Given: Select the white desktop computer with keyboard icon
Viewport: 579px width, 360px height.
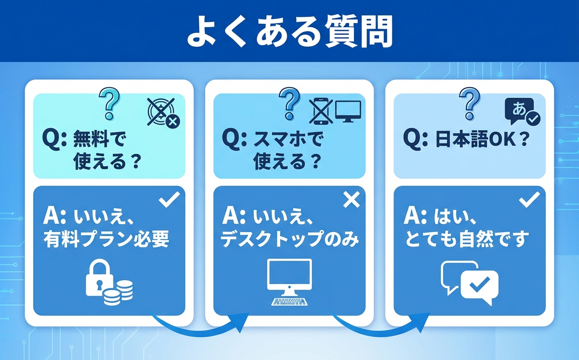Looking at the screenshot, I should pos(289,282).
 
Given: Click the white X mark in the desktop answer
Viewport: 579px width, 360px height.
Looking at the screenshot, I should pos(351,200).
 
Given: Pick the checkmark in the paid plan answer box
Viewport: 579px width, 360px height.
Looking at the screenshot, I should pos(169,199).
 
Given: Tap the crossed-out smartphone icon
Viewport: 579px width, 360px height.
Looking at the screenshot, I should pos(320,112).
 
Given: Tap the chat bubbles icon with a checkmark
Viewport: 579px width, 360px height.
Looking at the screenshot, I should pos(470,283).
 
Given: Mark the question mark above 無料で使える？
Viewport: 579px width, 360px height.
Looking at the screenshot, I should pos(109,102).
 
